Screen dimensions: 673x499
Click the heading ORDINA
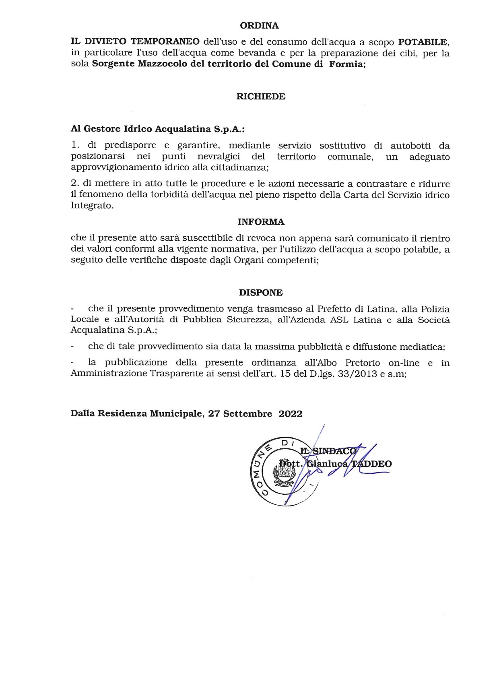click(259, 26)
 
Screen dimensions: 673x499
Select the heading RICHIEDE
click(261, 97)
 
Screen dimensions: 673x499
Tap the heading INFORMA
click(261, 222)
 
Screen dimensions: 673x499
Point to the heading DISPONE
click(261, 293)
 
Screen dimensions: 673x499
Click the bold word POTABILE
click(423, 42)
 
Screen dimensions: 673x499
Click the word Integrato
click(91, 206)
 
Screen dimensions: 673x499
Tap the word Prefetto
click(334, 309)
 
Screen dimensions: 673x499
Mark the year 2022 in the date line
click(291, 414)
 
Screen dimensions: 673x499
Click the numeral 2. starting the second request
click(74, 184)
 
